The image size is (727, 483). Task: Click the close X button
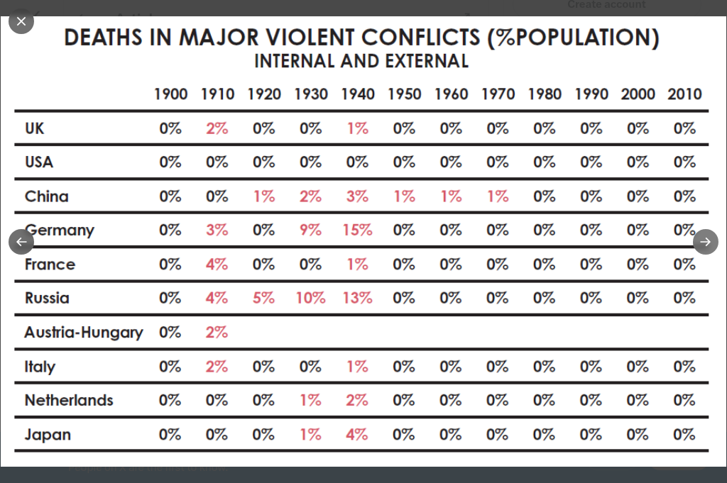point(21,21)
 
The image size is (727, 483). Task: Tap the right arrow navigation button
point(705,242)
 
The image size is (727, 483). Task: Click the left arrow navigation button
point(21,242)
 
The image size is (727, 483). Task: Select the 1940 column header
point(358,94)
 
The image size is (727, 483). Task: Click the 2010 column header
point(684,94)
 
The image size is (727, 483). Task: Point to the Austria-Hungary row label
point(84,332)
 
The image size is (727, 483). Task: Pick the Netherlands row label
point(69,400)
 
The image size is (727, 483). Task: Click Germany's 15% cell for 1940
point(357,230)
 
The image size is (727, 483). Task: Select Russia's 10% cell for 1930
point(310,298)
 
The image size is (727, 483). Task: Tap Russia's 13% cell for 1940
point(357,298)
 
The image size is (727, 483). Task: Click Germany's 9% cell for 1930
point(310,230)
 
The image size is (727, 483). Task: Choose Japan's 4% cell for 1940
point(357,434)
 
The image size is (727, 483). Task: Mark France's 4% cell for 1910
point(217,264)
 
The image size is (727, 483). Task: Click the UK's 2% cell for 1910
point(217,128)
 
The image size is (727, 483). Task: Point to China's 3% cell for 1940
point(357,196)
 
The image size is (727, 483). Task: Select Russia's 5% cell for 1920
point(263,298)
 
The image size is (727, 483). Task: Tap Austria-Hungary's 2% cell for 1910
point(217,332)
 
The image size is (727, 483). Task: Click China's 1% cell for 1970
point(498,196)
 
